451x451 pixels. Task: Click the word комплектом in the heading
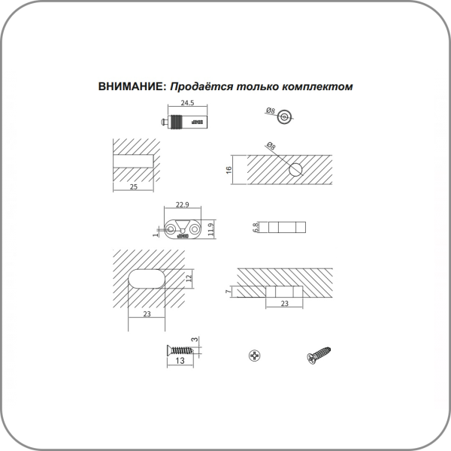click(317, 86)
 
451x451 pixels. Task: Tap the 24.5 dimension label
click(187, 103)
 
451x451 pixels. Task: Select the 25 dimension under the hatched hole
click(134, 186)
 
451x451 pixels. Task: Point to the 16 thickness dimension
click(229, 170)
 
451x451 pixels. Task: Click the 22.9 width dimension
click(183, 204)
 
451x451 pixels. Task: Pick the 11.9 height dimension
click(212, 229)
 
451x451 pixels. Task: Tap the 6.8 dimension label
click(256, 227)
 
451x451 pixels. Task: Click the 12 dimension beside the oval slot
click(189, 278)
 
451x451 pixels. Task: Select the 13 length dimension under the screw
click(180, 361)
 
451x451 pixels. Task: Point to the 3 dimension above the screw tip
click(195, 340)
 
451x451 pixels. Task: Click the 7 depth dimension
click(229, 292)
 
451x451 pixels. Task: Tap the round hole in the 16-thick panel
click(295, 169)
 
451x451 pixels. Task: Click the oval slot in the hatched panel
click(147, 278)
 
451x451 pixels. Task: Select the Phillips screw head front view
click(255, 356)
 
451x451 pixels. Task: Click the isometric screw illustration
click(319, 356)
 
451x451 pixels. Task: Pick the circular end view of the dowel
click(284, 117)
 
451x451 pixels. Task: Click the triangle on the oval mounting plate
click(183, 225)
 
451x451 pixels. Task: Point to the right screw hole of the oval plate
click(195, 229)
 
